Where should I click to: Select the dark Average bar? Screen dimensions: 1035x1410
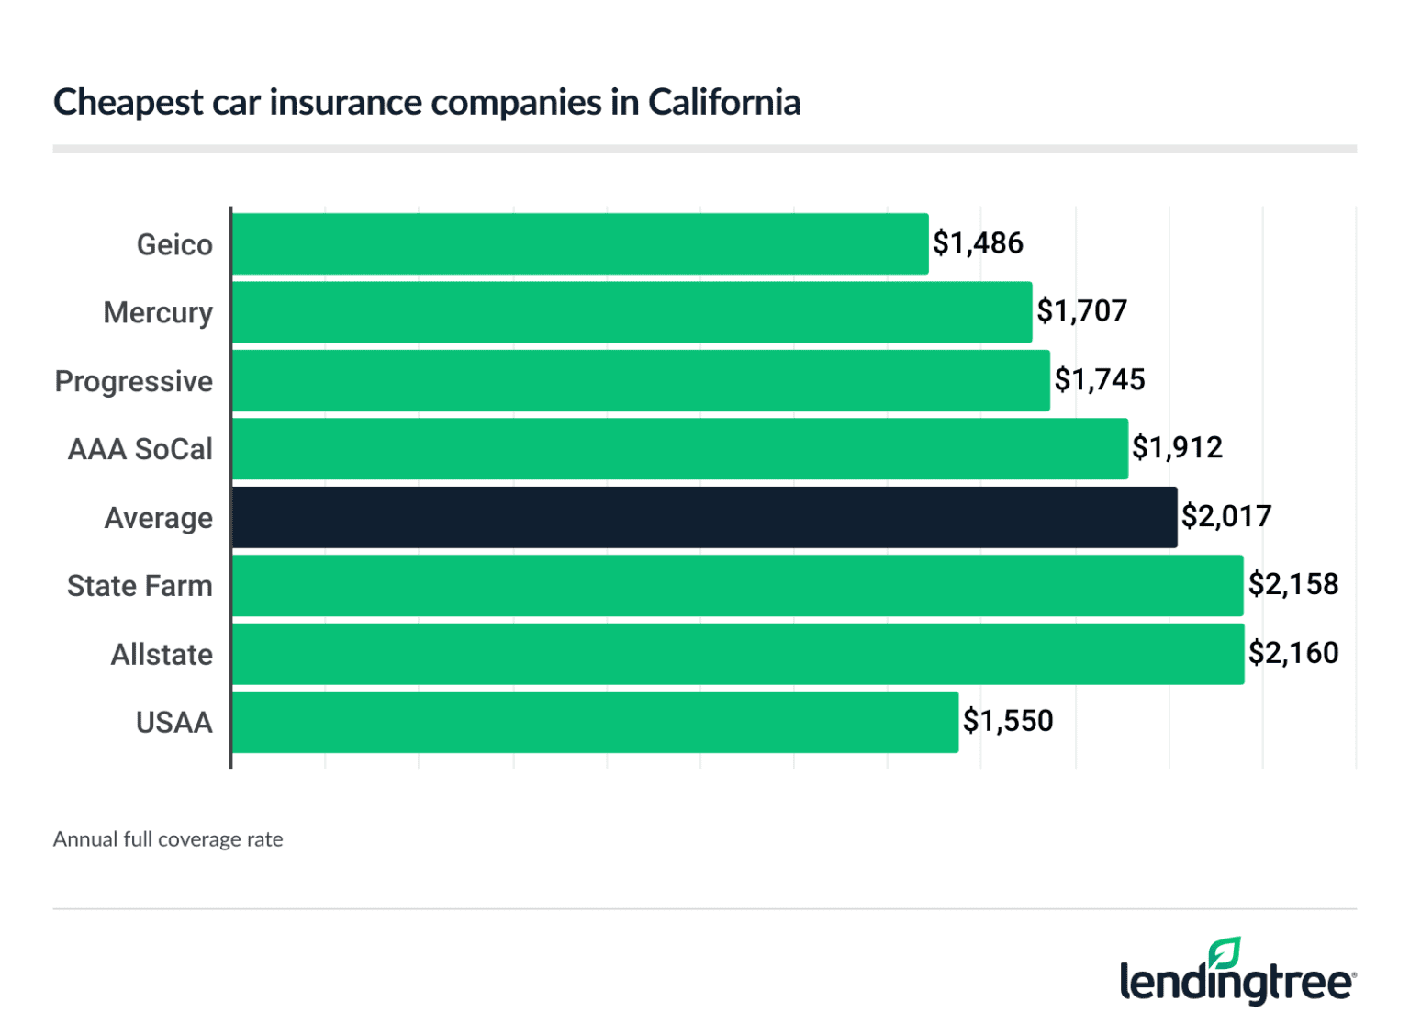pyautogui.click(x=704, y=518)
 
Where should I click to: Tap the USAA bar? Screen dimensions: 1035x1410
pyautogui.click(x=595, y=723)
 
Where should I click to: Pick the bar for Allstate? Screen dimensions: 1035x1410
pyautogui.click(x=738, y=654)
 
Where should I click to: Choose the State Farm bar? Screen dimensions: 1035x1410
pyautogui.click(x=737, y=586)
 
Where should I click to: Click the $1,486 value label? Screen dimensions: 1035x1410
pyautogui.click(x=978, y=243)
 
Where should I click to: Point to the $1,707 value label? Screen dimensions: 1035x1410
pyautogui.click(x=1081, y=311)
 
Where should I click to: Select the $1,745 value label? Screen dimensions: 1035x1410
pyautogui.click(x=1099, y=380)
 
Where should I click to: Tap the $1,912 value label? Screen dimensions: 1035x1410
pyautogui.click(x=1177, y=448)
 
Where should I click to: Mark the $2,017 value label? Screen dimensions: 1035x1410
pyautogui.click(x=1226, y=517)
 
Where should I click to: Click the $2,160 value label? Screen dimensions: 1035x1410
pyautogui.click(x=1293, y=653)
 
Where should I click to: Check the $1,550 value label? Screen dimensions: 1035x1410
pyautogui.click(x=1008, y=721)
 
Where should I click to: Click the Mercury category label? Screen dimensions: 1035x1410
pyautogui.click(x=158, y=313)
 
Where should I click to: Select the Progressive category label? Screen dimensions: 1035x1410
pyautogui.click(x=134, y=381)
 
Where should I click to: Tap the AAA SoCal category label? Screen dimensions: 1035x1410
pyautogui.click(x=140, y=449)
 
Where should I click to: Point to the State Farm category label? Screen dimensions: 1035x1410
pyautogui.click(x=140, y=586)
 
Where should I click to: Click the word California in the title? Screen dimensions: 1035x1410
pyautogui.click(x=724, y=102)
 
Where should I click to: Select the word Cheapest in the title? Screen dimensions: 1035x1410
pyautogui.click(x=129, y=103)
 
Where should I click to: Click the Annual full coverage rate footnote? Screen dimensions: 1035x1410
pyautogui.click(x=168, y=839)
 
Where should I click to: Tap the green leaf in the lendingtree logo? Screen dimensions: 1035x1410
pyautogui.click(x=1225, y=953)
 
